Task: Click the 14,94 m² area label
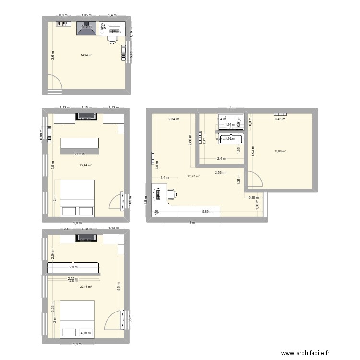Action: pyautogui.click(x=86, y=55)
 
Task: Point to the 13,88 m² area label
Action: pyautogui.click(x=280, y=151)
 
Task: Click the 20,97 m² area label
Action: pyautogui.click(x=194, y=176)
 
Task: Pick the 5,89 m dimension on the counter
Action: pyautogui.click(x=206, y=211)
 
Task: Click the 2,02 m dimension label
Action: pyautogui.click(x=80, y=154)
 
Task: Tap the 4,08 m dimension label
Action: pyautogui.click(x=85, y=333)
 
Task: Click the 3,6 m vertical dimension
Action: pyautogui.click(x=53, y=55)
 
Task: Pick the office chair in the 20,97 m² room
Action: pyautogui.click(x=171, y=194)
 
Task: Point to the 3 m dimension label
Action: pyautogui.click(x=192, y=222)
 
